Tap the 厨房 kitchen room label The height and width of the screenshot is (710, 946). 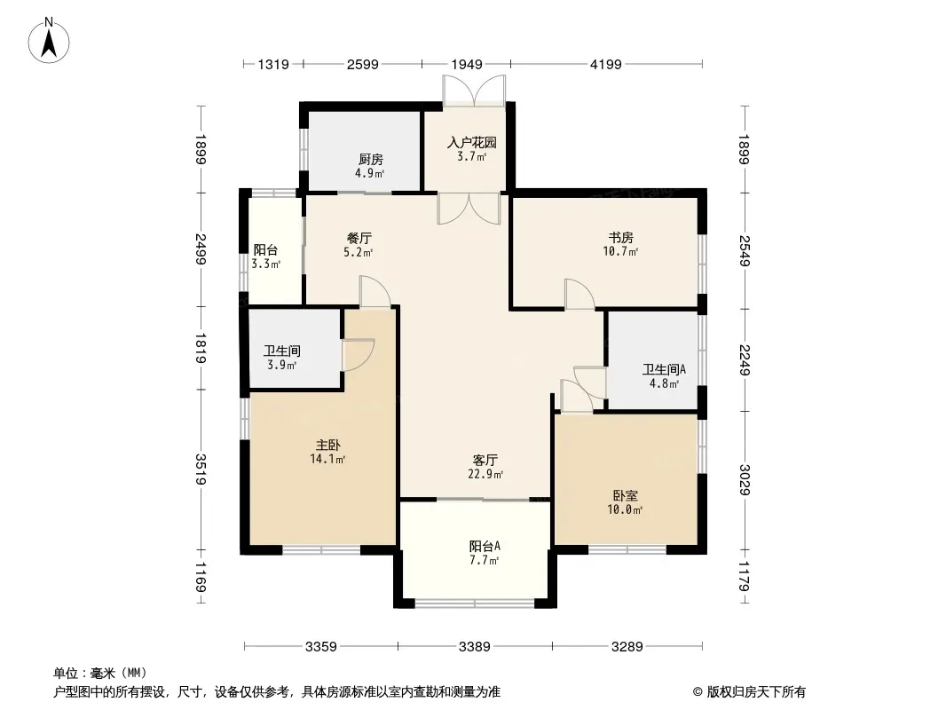tap(371, 160)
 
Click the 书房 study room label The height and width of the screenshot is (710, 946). tap(621, 237)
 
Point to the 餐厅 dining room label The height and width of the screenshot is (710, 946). tap(359, 238)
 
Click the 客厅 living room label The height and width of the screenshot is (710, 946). tap(485, 460)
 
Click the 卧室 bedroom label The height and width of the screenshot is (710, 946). tap(626, 495)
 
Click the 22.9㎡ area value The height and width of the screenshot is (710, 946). tap(485, 475)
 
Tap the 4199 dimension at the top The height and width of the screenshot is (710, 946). tap(606, 64)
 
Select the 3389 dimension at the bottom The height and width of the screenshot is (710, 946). tap(475, 647)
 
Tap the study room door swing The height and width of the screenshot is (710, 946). tap(579, 294)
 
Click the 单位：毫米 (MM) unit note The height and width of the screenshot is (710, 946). tap(99, 673)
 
